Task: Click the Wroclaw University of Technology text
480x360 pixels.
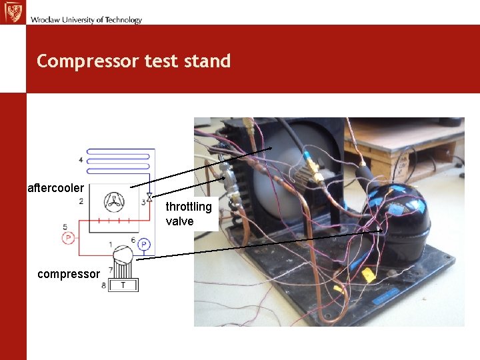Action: point(86,20)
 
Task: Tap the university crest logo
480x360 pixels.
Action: point(13,12)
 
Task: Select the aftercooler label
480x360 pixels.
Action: point(55,188)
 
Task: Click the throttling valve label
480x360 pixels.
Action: point(189,214)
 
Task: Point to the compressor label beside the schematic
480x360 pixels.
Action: point(69,274)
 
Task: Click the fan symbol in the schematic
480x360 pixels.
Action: point(114,202)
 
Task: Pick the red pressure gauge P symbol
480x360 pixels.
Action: point(66,239)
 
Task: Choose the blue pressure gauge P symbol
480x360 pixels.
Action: point(144,245)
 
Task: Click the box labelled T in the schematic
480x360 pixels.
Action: point(123,285)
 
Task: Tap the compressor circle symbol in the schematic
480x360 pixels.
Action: point(123,255)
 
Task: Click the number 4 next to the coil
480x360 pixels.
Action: point(81,160)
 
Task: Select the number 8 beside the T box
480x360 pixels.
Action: point(103,285)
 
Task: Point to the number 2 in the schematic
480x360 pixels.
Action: point(81,201)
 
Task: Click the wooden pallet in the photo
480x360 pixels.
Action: point(400,150)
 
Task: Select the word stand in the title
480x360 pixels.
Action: point(209,61)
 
